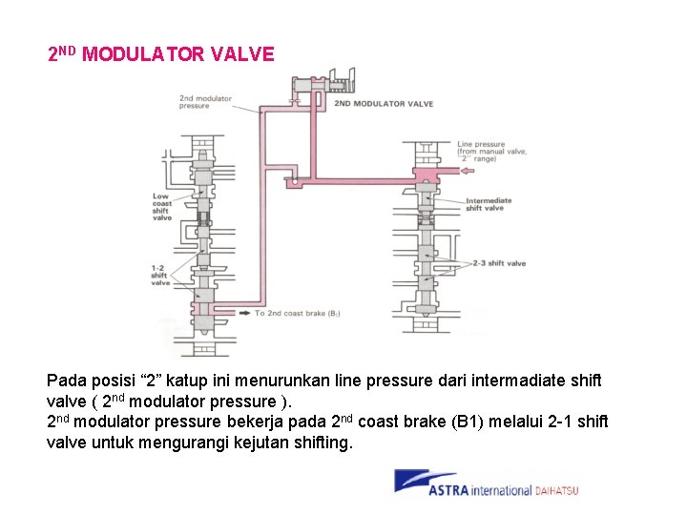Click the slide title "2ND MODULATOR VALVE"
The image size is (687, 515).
[160, 54]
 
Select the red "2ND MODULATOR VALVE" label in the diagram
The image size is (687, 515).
[384, 104]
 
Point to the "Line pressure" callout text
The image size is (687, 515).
[482, 145]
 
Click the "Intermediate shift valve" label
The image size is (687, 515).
[489, 204]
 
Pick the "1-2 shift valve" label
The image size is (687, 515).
[159, 274]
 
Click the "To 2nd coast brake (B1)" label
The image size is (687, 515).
[298, 313]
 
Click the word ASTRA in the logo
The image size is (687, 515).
[448, 490]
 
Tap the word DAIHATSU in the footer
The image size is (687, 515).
[555, 491]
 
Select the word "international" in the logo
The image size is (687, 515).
[500, 491]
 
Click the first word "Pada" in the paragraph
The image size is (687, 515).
[66, 380]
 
